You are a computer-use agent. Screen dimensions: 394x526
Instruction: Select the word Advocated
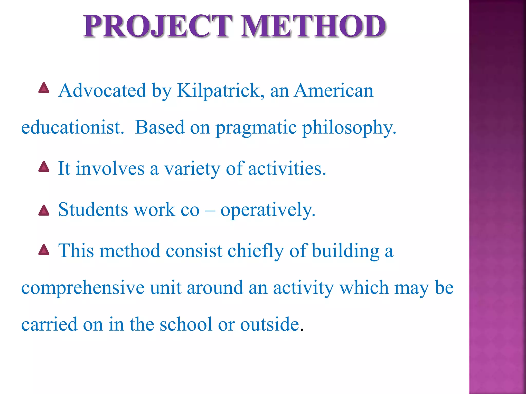(x=102, y=91)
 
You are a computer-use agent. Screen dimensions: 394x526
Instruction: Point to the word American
(x=333, y=91)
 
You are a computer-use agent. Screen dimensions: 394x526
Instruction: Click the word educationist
(x=73, y=127)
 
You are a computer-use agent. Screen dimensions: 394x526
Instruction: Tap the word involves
(x=110, y=169)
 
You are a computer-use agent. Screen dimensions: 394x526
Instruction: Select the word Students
(x=93, y=210)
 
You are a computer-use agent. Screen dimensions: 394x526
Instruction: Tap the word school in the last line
(x=186, y=324)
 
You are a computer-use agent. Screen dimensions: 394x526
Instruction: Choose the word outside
(x=270, y=324)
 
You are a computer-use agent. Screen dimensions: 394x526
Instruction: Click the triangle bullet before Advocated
(x=44, y=88)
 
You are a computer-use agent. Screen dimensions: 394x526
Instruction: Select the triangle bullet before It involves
(x=44, y=167)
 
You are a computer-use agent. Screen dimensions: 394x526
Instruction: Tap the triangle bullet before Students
(x=44, y=211)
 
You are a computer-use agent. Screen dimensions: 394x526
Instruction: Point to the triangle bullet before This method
(x=44, y=250)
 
